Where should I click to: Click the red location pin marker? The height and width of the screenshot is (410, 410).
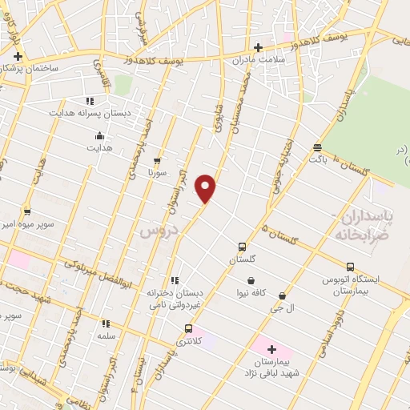click(x=207, y=188)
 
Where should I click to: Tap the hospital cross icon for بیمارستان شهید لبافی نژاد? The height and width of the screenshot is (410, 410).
click(x=271, y=349)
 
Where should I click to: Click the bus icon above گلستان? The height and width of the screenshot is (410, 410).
click(x=242, y=247)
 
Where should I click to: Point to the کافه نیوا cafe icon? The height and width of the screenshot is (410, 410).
click(x=252, y=281)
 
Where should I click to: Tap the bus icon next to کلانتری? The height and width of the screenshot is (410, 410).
click(x=188, y=328)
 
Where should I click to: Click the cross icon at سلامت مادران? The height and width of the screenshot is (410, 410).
click(x=258, y=48)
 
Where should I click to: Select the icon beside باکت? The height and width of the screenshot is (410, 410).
click(x=318, y=147)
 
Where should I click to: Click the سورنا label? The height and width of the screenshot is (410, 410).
click(x=157, y=172)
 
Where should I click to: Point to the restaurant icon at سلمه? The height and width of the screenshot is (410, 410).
click(x=105, y=324)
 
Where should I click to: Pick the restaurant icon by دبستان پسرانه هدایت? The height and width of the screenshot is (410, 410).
click(x=90, y=101)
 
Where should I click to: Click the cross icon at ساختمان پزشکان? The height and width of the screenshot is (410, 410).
click(x=18, y=56)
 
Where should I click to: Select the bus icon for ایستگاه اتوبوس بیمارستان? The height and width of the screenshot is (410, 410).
click(x=350, y=267)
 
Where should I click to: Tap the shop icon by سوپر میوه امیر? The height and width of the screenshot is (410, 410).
click(x=27, y=211)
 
